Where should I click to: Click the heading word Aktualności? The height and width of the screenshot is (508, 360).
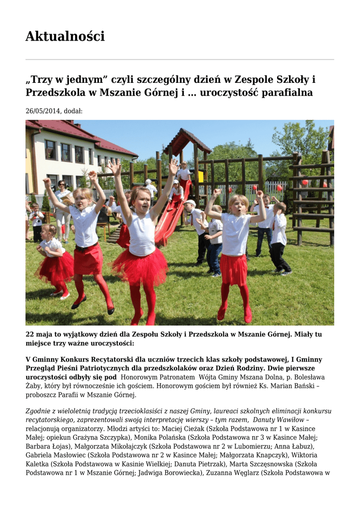click(65, 37)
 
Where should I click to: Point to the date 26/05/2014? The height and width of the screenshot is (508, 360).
click(43, 111)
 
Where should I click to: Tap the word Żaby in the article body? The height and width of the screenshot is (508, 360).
click(34, 386)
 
